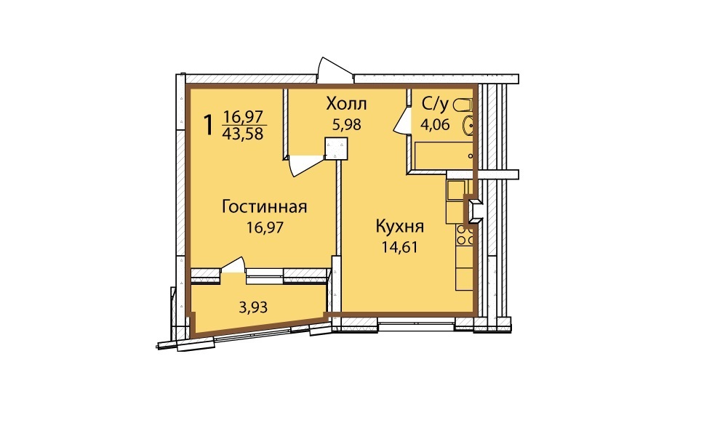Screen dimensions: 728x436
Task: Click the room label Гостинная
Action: click(x=264, y=206)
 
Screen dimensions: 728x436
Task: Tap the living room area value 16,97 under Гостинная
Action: click(x=265, y=227)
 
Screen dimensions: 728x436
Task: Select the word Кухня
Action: click(x=399, y=227)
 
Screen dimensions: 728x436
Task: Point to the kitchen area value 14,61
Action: click(x=399, y=247)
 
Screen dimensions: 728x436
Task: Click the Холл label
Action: click(x=346, y=103)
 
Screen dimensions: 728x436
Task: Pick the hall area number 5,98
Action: click(x=346, y=124)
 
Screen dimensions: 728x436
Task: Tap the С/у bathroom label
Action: click(x=435, y=105)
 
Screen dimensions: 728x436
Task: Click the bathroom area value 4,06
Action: click(x=435, y=124)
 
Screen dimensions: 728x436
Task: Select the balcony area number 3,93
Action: click(x=253, y=307)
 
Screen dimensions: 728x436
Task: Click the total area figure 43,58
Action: click(x=243, y=134)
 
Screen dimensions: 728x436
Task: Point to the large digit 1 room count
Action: click(x=209, y=125)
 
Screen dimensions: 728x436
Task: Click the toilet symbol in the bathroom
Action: click(x=463, y=105)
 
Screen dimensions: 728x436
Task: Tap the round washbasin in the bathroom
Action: click(x=468, y=126)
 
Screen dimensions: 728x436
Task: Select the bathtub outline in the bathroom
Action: click(x=444, y=156)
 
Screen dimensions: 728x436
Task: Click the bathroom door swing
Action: click(x=401, y=121)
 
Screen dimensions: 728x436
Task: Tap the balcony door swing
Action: click(x=233, y=265)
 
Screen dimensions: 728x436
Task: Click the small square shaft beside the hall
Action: click(x=336, y=148)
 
